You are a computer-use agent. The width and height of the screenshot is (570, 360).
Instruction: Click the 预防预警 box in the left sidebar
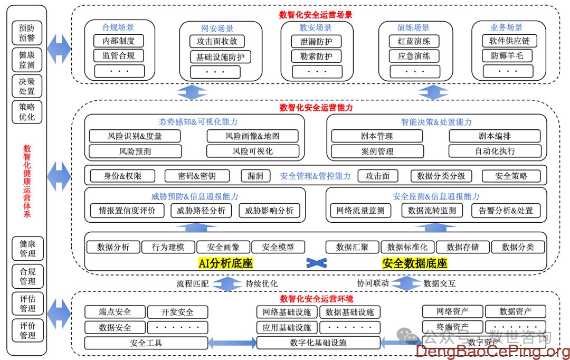(x=27, y=33)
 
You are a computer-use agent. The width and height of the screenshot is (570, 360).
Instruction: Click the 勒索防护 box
(x=316, y=56)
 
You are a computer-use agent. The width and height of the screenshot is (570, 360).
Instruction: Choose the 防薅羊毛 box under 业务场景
(x=507, y=55)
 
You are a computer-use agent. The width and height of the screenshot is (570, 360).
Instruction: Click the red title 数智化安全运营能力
(x=316, y=108)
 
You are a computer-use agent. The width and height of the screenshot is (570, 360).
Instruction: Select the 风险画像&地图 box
(x=252, y=136)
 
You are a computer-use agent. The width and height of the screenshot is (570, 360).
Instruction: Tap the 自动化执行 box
(x=495, y=151)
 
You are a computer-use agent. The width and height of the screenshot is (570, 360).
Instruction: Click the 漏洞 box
(x=255, y=176)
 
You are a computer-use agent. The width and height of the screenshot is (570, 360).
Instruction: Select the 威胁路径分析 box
(x=201, y=211)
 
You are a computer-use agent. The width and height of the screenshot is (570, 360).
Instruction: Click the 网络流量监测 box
(x=360, y=211)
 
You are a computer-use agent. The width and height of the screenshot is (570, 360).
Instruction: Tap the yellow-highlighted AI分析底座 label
(x=225, y=263)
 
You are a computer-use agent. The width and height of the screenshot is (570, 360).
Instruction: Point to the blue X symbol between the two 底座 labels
(x=317, y=262)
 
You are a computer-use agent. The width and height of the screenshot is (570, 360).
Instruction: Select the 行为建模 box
(x=168, y=247)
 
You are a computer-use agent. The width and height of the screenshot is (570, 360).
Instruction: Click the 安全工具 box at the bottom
(x=146, y=343)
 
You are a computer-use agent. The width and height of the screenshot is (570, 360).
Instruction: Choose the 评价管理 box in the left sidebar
(x=27, y=330)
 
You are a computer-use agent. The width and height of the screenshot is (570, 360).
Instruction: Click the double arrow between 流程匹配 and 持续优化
(x=227, y=283)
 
